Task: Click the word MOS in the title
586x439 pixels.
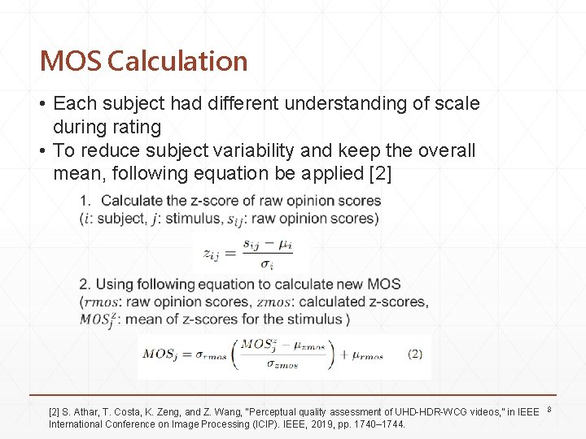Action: [70, 61]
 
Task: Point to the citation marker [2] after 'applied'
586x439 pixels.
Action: [378, 174]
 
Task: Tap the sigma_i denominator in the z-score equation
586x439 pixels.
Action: [266, 265]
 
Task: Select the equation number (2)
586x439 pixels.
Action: [414, 354]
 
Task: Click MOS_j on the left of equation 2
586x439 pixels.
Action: [165, 354]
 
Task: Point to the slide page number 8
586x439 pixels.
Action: [549, 409]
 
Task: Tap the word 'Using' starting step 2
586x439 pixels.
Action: [115, 285]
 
